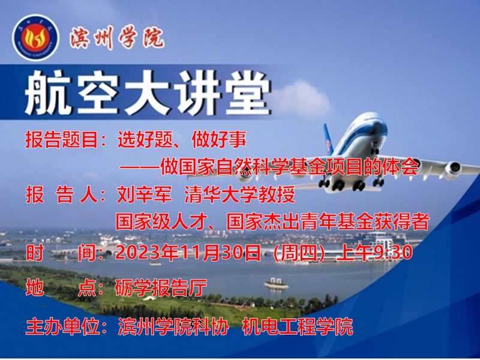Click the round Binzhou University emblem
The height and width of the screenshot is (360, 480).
(35, 38)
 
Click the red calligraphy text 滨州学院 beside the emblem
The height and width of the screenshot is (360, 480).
(117, 38)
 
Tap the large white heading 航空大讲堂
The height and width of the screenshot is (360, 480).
(148, 93)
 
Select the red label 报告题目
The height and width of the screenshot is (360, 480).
(61, 140)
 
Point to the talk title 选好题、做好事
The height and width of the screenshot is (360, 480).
(182, 140)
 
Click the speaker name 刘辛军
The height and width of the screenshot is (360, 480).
(144, 194)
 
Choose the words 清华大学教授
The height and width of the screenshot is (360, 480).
(239, 194)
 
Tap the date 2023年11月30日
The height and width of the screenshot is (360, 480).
(188, 253)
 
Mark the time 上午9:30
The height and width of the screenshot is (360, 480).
(374, 253)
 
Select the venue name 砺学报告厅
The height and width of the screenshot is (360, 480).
(161, 288)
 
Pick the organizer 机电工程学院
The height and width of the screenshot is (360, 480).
(297, 326)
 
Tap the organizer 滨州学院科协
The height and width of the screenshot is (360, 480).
(173, 326)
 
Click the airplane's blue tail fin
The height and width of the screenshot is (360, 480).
(328, 139)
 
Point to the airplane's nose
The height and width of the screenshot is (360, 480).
(377, 122)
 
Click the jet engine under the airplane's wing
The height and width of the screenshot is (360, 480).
(452, 170)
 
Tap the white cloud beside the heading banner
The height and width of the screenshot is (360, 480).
(302, 98)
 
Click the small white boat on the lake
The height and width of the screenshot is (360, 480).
(276, 284)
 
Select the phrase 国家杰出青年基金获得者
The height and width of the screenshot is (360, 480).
(328, 222)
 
